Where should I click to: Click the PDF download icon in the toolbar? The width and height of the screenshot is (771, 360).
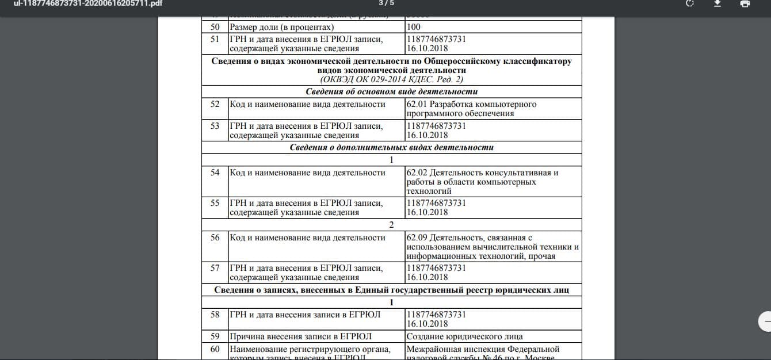717,3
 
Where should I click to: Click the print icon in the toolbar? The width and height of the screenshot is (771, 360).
745,3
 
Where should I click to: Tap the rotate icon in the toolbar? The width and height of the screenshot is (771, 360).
690,3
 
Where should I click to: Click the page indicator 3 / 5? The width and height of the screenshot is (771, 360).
386,3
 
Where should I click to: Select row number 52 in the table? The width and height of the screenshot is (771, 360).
215,104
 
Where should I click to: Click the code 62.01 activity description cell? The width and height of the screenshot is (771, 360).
471,109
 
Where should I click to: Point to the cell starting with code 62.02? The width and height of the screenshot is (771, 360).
482,182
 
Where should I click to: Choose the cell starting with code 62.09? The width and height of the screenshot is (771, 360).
492,247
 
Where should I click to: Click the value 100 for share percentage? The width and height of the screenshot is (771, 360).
413,27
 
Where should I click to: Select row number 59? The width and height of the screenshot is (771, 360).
215,336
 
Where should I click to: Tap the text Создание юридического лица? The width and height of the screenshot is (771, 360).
464,336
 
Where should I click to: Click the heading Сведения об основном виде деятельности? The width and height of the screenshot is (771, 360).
391,91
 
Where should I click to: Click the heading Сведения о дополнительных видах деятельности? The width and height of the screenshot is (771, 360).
391,147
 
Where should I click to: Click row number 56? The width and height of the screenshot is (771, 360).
215,238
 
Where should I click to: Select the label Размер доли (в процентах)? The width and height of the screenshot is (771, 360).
281,27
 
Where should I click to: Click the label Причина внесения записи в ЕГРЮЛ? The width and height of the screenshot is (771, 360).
300,336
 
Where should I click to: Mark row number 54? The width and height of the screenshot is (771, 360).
215,173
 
